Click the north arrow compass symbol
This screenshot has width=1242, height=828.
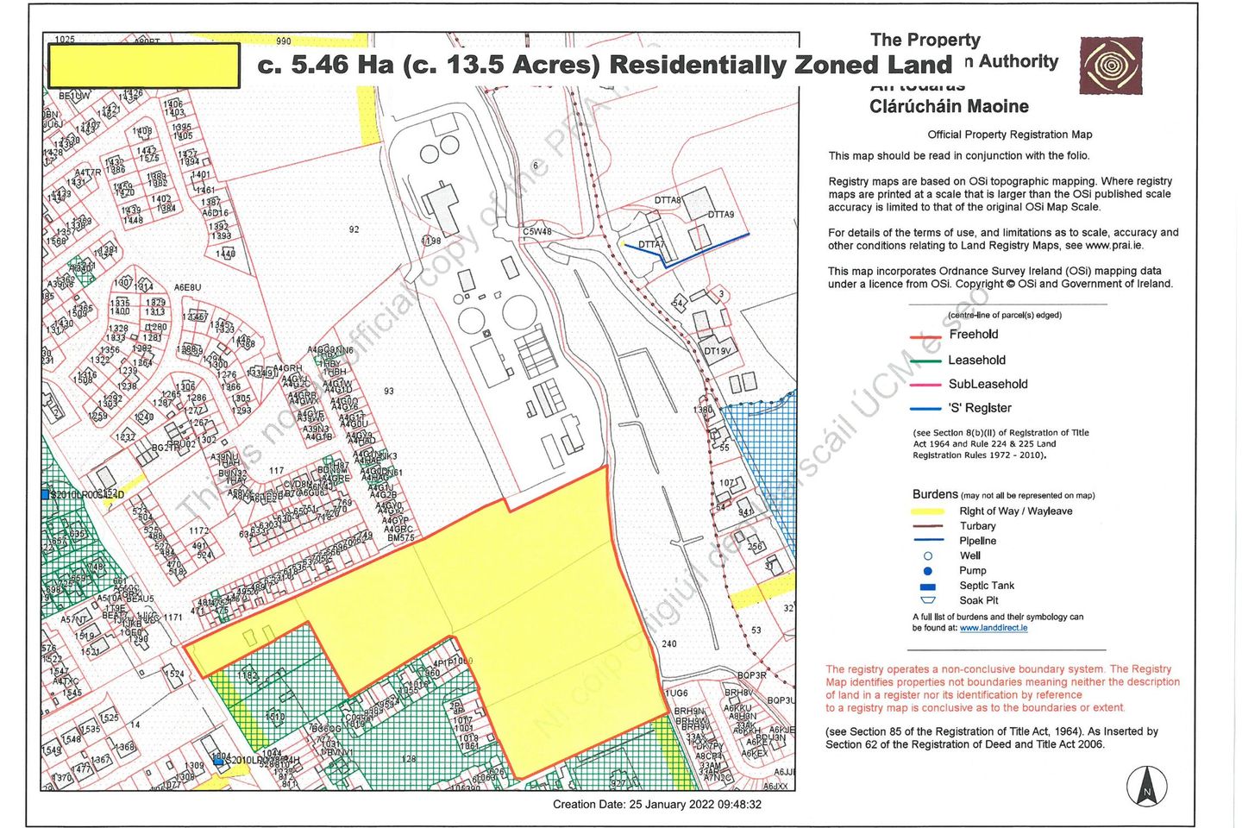[1146, 787]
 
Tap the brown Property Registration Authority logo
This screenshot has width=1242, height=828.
[1111, 66]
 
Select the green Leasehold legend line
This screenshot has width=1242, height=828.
[925, 361]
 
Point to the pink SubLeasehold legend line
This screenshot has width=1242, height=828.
[925, 385]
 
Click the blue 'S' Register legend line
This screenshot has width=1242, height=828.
[925, 409]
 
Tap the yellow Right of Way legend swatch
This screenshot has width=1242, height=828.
[928, 511]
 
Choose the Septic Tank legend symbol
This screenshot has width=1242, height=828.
[928, 586]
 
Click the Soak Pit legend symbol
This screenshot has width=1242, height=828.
[928, 600]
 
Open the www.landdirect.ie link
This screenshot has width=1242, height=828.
[993, 628]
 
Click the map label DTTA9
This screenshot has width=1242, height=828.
[721, 215]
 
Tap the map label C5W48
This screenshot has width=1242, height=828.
[536, 232]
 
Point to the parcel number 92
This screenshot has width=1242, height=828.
[354, 229]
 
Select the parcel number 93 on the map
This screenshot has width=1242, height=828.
[389, 392]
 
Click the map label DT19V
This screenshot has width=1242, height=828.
[717, 351]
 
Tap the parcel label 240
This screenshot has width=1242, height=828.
[669, 643]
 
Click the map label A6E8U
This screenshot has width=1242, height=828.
[187, 287]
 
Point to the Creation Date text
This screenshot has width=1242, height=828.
[657, 805]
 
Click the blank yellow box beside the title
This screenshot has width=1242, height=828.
[144, 66]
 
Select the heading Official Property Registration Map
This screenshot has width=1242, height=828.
[1009, 135]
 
